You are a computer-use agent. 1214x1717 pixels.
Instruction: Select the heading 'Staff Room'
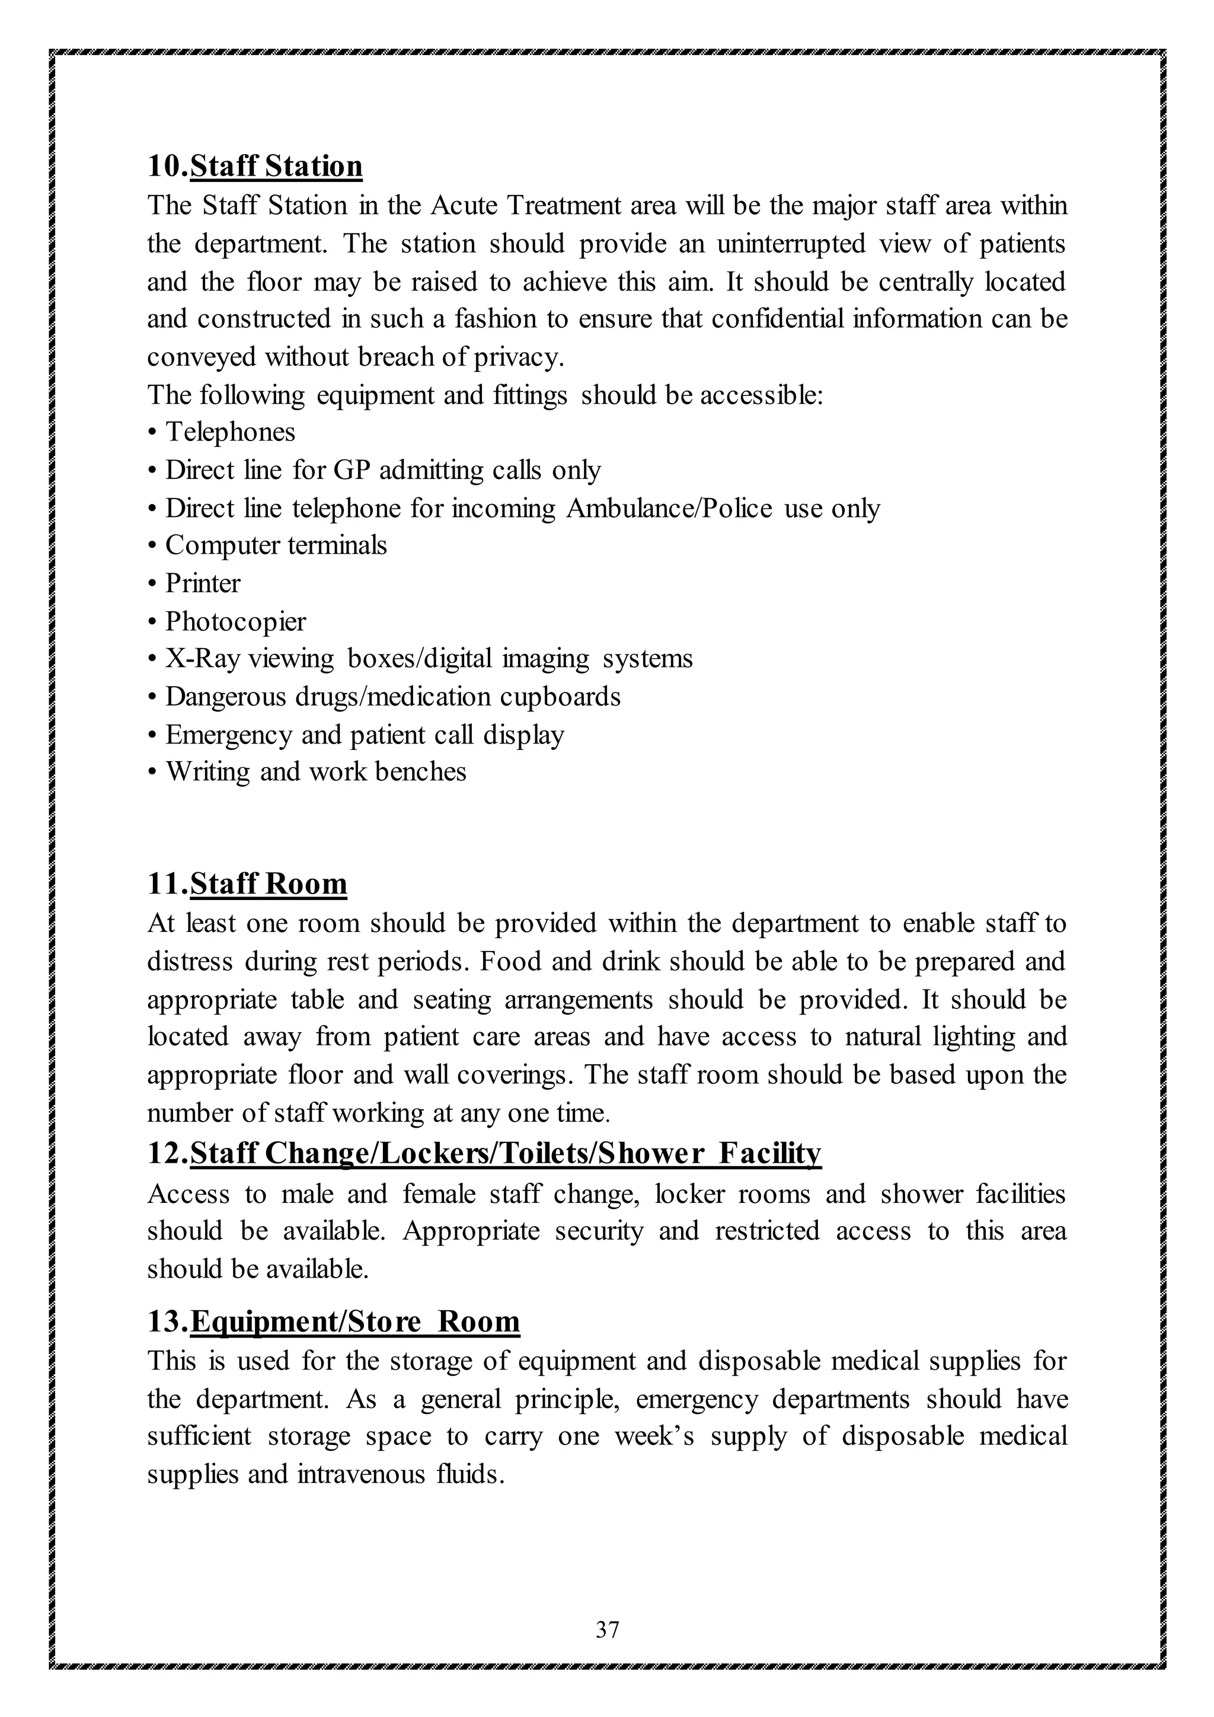click(x=269, y=884)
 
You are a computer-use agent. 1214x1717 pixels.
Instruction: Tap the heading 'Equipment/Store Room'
click(x=355, y=1322)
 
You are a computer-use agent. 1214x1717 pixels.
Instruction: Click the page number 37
click(x=607, y=1629)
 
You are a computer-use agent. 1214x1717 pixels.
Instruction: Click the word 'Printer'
click(x=203, y=583)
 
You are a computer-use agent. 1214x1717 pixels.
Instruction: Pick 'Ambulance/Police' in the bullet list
click(x=669, y=509)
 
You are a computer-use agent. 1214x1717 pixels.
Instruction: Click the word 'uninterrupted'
click(x=791, y=244)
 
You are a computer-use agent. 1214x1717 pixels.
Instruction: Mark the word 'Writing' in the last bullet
click(x=208, y=772)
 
